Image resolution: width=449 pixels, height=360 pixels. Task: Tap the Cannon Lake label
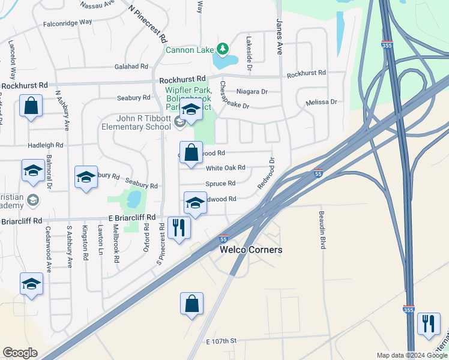[190, 50]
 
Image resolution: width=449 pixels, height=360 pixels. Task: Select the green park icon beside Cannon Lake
[223, 48]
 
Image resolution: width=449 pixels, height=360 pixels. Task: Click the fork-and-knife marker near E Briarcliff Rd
[178, 228]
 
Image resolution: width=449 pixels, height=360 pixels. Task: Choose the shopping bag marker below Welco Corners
[191, 304]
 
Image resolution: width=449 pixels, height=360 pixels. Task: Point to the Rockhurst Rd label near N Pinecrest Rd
[182, 79]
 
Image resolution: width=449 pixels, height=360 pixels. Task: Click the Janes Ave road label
[279, 36]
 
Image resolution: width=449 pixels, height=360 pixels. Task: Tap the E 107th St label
[221, 341]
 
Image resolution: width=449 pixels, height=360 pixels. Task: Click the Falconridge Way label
[67, 22]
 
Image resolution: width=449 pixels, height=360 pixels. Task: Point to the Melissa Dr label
[321, 102]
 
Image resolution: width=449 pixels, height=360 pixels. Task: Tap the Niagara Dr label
[252, 92]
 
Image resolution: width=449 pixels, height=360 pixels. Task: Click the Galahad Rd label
[127, 67]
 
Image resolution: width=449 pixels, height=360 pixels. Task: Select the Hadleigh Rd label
[45, 145]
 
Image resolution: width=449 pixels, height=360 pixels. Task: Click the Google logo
[20, 352]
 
